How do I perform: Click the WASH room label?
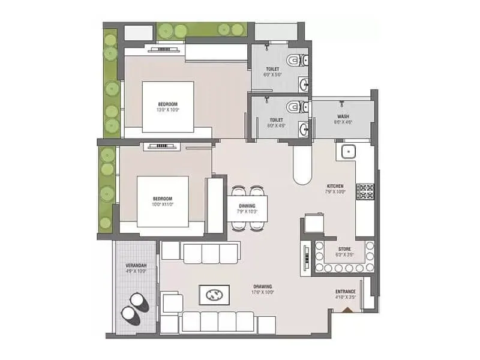pyautogui.click(x=343, y=116)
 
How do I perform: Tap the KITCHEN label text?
pyautogui.click(x=335, y=186)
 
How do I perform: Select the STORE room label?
pyautogui.click(x=344, y=248)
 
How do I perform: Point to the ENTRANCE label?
pyautogui.click(x=346, y=292)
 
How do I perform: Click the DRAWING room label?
pyautogui.click(x=263, y=286)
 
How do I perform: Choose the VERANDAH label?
pyautogui.click(x=136, y=265)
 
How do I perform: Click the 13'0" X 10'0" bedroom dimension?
pyautogui.click(x=168, y=110)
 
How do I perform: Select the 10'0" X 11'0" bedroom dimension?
pyautogui.click(x=163, y=205)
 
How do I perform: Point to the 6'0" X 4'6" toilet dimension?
pyautogui.click(x=276, y=126)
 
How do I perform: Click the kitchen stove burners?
pyautogui.click(x=365, y=191)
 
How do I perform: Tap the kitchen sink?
pyautogui.click(x=349, y=151)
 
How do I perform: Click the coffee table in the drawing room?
pyautogui.click(x=214, y=295)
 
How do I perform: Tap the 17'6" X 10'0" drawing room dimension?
pyautogui.click(x=263, y=293)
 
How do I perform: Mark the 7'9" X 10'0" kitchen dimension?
pyautogui.click(x=335, y=193)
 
